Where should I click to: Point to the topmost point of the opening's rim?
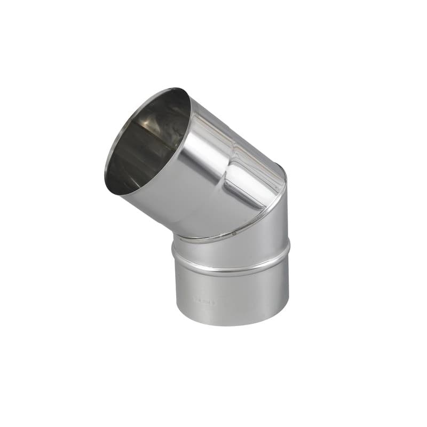tap(176, 89)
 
